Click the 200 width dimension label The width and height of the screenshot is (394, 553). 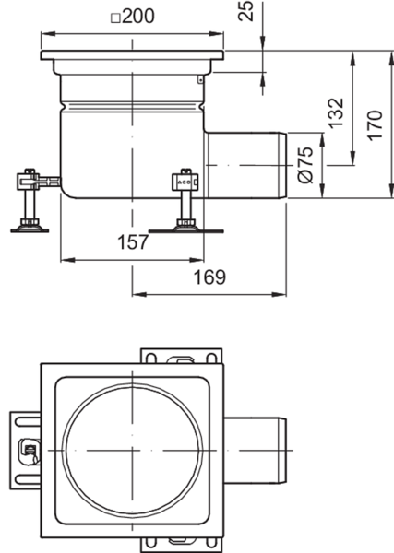click(138, 16)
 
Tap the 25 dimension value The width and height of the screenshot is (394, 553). click(246, 10)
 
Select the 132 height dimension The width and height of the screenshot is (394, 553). click(336, 113)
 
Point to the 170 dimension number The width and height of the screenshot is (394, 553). click(375, 125)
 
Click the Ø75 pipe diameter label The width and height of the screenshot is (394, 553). click(305, 165)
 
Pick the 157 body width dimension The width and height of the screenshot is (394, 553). click(133, 241)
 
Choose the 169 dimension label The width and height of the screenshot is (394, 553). click(209, 276)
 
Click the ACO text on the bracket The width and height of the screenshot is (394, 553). click(184, 182)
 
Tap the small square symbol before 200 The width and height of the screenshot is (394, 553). click(115, 18)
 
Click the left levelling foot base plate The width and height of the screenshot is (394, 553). click(30, 230)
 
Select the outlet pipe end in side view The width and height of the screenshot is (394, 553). click(282, 165)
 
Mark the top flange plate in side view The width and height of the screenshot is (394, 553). click(132, 55)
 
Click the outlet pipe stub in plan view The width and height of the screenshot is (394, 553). click(256, 451)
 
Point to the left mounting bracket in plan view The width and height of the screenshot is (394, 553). click(25, 450)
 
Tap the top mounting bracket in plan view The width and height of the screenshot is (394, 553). click(182, 356)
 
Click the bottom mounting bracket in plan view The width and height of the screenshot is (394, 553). click(182, 546)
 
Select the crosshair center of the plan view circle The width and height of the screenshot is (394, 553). click(132, 451)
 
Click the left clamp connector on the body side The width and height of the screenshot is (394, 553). click(39, 182)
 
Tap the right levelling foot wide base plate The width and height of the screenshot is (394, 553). click(186, 231)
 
